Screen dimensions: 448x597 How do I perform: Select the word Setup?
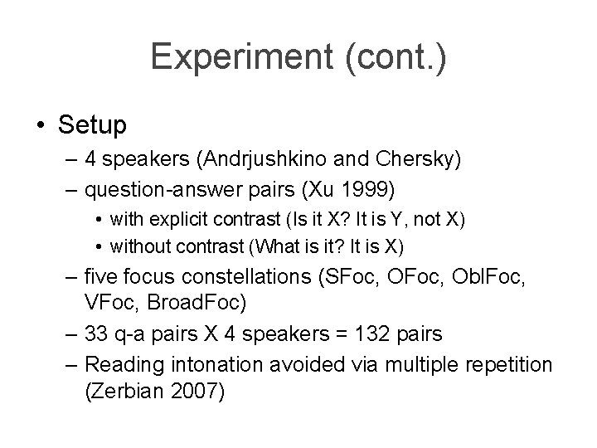click(x=92, y=125)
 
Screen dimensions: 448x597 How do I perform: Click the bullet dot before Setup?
click(x=41, y=126)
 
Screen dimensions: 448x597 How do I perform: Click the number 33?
click(x=98, y=333)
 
